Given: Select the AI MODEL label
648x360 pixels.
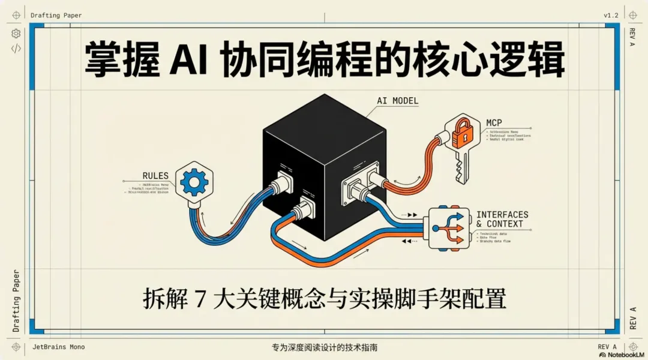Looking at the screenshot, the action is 397,101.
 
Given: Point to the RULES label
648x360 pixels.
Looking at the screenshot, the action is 155,175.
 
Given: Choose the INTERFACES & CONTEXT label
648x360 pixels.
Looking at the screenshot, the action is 502,219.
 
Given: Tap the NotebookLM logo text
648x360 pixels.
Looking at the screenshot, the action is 623,355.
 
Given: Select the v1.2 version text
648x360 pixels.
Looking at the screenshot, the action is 612,15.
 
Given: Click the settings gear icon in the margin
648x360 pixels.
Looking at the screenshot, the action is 16,34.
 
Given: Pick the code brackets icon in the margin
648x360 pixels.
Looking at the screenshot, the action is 16,49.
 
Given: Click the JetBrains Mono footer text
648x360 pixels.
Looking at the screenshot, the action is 58,347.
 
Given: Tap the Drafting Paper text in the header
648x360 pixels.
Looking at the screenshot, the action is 56,15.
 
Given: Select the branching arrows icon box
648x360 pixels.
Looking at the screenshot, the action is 447,228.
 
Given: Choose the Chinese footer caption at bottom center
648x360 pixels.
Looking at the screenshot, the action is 325,347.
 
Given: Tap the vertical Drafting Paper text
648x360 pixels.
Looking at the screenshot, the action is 16,301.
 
